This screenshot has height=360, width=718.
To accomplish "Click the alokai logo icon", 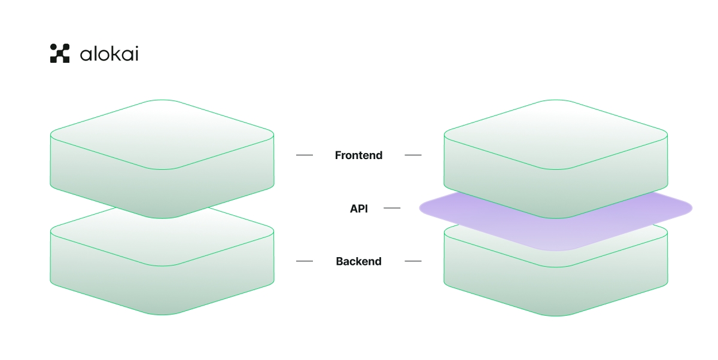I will click(60, 53).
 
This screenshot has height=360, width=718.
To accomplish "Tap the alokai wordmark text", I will click(109, 54).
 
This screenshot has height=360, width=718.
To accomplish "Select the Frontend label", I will click(358, 155).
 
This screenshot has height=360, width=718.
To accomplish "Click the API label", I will click(359, 209).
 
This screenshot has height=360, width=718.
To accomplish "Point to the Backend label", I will click(358, 261).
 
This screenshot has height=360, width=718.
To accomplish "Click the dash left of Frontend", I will click(305, 155).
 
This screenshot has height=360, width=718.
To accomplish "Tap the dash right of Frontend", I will click(413, 155).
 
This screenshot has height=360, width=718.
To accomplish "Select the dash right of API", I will click(392, 208).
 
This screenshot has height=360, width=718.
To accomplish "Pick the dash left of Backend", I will click(305, 261).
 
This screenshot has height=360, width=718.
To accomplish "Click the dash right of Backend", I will click(413, 261).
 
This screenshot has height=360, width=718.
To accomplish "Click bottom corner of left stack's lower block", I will click(162, 315).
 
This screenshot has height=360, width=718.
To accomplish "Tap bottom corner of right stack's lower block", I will click(556, 315).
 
